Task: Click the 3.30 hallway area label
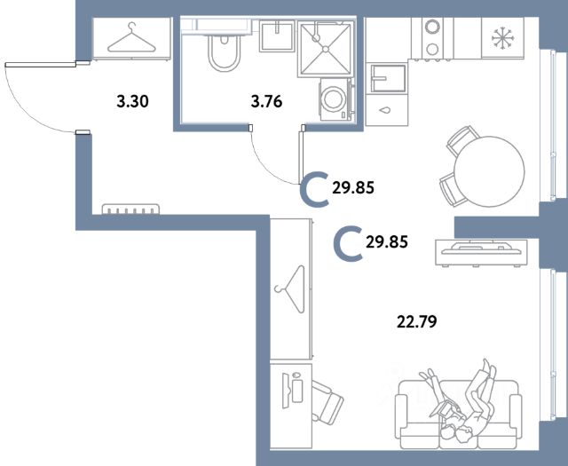click(x=132, y=101)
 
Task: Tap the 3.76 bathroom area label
click(x=266, y=101)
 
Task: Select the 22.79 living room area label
click(x=417, y=321)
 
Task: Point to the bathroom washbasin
click(x=277, y=36)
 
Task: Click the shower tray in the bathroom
click(x=326, y=49)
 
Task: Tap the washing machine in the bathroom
click(x=335, y=99)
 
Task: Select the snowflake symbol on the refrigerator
click(x=503, y=37)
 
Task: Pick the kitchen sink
click(x=387, y=78)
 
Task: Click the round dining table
click(x=489, y=171)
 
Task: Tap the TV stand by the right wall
click(x=481, y=252)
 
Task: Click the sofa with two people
click(x=458, y=414)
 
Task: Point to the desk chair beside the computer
click(x=327, y=402)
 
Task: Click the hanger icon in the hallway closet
click(x=131, y=37)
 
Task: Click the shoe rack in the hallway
click(x=130, y=209)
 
